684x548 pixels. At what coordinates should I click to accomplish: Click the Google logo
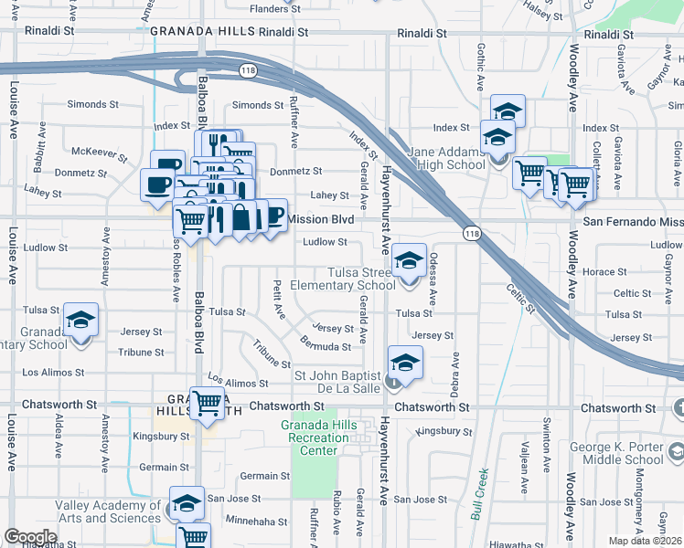pos(30,537)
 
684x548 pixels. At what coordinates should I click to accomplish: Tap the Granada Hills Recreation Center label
pos(326,438)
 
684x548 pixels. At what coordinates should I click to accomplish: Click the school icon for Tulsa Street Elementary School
pos(410,261)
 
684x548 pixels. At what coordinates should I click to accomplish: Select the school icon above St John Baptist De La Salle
pos(405,363)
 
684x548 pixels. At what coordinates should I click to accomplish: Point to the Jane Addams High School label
pos(447,158)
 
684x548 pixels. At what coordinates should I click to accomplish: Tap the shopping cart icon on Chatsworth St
pos(208,402)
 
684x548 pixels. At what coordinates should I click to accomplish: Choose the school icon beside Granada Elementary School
pos(81,321)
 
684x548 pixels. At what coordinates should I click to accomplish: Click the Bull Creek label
pos(480,494)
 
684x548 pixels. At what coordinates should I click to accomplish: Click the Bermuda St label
pos(325,345)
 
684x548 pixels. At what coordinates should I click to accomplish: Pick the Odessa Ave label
pos(433,279)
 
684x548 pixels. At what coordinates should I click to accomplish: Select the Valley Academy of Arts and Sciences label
pos(107,511)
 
